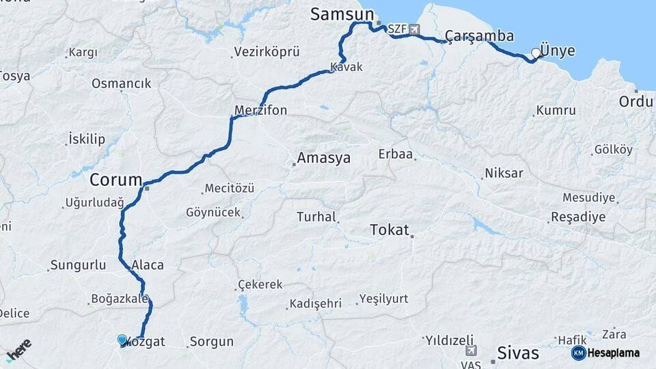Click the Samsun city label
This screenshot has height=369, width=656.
[342, 14]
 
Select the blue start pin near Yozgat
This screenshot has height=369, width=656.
[122, 340]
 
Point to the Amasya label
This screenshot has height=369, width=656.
[323, 159]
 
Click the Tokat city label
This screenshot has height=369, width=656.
[389, 230]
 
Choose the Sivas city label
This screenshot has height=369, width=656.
[518, 353]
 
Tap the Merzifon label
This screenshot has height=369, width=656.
[260, 110]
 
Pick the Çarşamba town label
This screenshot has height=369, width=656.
[479, 36]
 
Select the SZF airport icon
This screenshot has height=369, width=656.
[414, 30]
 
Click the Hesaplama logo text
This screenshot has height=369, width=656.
[613, 353]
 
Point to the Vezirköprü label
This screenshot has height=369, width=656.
[266, 52]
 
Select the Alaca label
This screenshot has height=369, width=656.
[148, 265]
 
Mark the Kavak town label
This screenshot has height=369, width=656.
[346, 67]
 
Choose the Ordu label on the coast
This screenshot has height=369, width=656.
[635, 101]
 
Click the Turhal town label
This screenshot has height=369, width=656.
[316, 217]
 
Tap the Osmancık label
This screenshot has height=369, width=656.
[122, 83]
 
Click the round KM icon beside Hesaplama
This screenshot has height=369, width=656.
[578, 353]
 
